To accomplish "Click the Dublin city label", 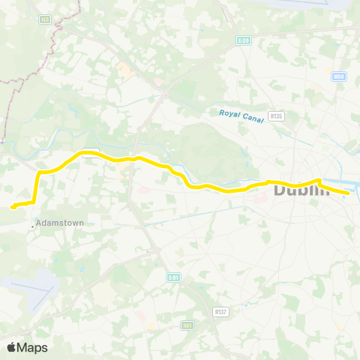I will click(x=301, y=190).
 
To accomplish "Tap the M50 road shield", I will click(x=337, y=76).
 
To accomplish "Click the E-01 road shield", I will click(x=173, y=277).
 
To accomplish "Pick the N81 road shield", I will click(x=187, y=325).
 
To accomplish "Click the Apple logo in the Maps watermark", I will click(x=12, y=347).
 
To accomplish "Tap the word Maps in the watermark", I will click(x=33, y=347).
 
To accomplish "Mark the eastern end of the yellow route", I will click(x=349, y=193).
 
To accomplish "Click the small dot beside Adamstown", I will click(x=32, y=223).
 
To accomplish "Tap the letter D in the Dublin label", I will click(x=280, y=190).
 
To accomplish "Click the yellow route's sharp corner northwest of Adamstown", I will click(x=39, y=174).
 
